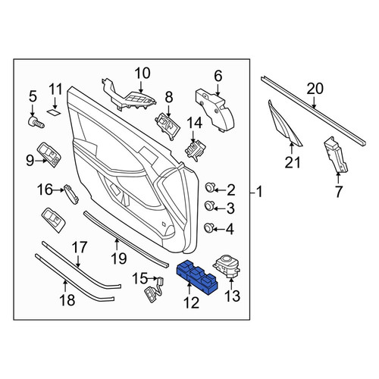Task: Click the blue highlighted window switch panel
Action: coord(197,277)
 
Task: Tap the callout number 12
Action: coord(191,302)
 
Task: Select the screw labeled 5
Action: coord(36,123)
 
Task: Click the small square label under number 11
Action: coord(54,112)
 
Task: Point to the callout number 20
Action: coord(315,89)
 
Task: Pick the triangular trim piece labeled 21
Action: coord(284,124)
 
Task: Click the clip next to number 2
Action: coord(209,188)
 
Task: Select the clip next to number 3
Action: coord(209,205)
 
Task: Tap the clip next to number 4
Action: coord(208,227)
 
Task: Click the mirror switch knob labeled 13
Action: coord(227,266)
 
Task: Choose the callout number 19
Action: coord(119,258)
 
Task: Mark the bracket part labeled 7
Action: coord(336,155)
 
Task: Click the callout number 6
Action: coord(218,76)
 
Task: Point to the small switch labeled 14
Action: coord(195,151)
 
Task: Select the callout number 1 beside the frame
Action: coord(259,192)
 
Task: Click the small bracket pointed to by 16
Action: coord(71,194)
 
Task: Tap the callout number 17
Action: coord(80,247)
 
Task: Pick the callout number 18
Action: coord(67,300)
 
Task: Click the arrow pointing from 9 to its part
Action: coord(40,161)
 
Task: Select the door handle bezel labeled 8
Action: coord(168,126)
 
